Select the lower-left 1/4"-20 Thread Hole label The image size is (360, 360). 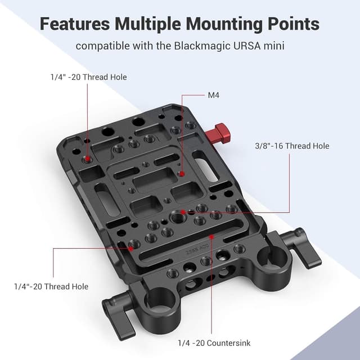(x=51, y=286)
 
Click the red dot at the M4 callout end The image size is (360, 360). (x=181, y=174)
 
